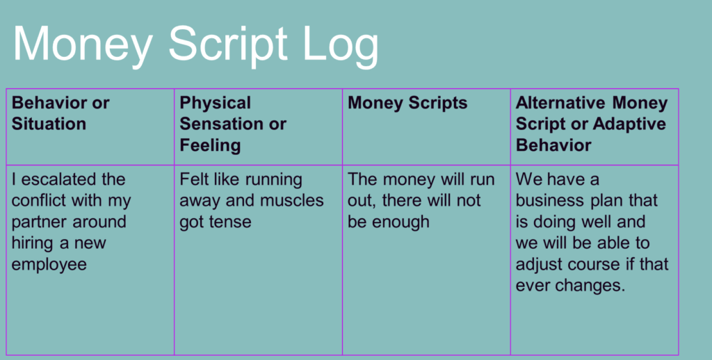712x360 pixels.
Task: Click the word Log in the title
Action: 340,45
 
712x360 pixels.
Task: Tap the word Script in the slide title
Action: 228,45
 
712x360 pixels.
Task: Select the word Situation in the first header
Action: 49,124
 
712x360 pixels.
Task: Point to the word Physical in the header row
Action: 216,103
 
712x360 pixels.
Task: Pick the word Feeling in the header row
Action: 210,145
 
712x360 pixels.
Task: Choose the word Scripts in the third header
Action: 438,103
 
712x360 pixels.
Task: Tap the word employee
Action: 49,265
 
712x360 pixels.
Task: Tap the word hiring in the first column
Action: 32,243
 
